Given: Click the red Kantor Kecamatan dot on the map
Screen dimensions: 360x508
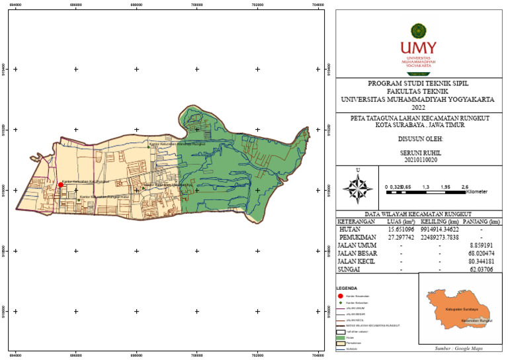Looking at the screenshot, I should click(60, 185).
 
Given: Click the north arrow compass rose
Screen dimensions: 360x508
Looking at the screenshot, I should click(358, 188).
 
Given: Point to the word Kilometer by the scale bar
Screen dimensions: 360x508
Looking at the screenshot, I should click(477, 192).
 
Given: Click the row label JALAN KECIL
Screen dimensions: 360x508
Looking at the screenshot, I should click(360, 261).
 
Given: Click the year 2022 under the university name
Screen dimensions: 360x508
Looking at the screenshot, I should click(419, 107).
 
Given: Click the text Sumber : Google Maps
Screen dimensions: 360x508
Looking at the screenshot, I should click(458, 347).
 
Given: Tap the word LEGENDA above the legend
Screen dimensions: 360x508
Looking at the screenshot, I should click(347, 289).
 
